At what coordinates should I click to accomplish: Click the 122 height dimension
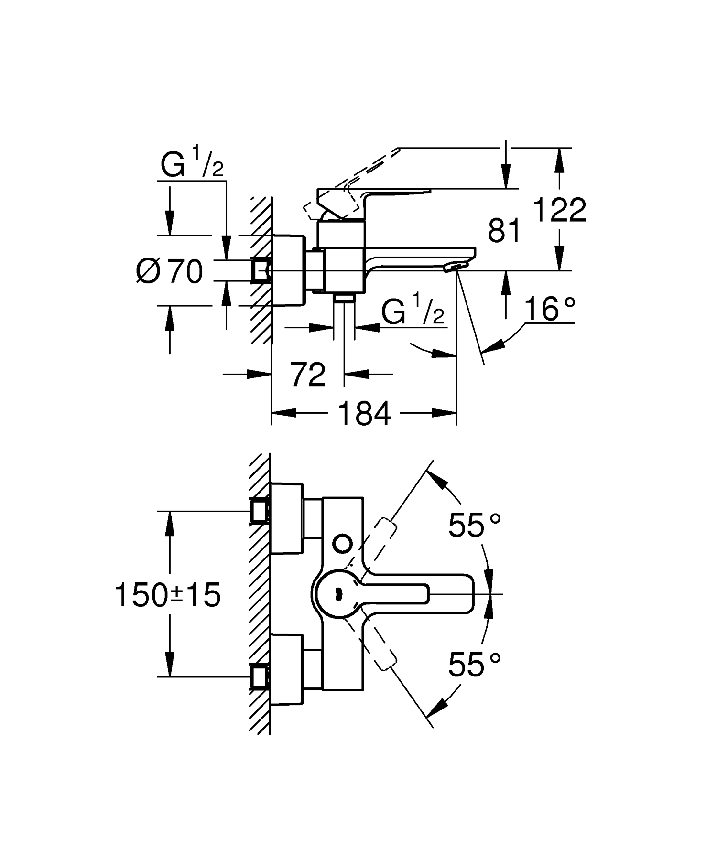(x=559, y=210)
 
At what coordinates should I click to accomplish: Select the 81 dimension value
(x=504, y=231)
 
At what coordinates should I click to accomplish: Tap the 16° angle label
(x=549, y=309)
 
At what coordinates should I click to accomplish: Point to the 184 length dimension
(x=364, y=413)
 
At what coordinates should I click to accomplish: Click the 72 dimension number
(x=308, y=375)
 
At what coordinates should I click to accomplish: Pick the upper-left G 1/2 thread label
(x=192, y=164)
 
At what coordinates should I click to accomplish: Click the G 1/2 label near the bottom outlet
(x=413, y=311)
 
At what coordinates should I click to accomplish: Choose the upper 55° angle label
(x=474, y=526)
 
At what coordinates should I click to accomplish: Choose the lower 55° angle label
(x=474, y=664)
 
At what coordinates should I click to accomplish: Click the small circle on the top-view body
(x=342, y=543)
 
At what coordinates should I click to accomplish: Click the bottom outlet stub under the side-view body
(x=344, y=298)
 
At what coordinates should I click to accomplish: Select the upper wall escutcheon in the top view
(x=287, y=518)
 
